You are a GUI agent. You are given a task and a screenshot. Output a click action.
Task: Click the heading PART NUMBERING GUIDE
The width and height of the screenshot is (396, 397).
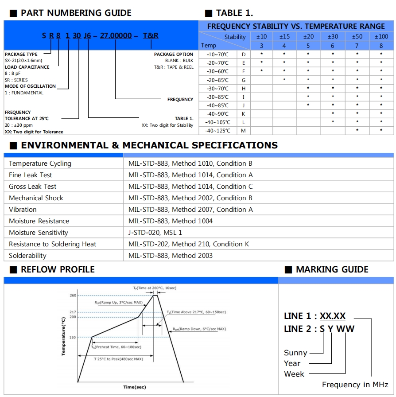tap(76, 13)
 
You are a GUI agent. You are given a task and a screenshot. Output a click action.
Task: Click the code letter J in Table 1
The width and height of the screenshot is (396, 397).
tap(244, 105)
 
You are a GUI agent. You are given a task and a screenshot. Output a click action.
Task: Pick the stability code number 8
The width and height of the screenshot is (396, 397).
tap(381, 45)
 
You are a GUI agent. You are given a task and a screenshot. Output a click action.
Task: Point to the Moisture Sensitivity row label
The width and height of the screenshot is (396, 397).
tap(39, 233)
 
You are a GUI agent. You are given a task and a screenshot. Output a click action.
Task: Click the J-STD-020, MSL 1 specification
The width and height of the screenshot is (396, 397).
tap(155, 233)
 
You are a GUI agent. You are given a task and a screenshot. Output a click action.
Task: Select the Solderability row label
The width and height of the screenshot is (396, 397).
tap(27, 256)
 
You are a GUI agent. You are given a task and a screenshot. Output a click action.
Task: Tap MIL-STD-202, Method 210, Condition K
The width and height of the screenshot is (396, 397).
tap(189, 244)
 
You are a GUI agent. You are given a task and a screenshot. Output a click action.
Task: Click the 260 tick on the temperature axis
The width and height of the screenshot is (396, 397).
tap(73, 296)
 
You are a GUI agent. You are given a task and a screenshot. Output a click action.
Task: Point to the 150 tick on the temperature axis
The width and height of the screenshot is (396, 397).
tap(73, 337)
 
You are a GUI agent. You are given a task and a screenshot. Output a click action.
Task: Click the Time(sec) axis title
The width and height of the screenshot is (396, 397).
tap(134, 387)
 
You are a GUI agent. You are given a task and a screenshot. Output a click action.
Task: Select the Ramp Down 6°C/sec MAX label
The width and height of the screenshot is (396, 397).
tap(199, 329)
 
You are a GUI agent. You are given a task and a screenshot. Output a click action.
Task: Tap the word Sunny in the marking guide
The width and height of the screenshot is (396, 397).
tap(295, 353)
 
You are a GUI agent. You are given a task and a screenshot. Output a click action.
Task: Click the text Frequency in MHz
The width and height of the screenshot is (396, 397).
tap(355, 384)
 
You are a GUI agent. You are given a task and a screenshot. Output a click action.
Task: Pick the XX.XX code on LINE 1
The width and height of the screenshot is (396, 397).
tap(333, 316)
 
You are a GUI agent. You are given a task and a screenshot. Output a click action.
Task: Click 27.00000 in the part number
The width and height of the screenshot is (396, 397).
tap(116, 35)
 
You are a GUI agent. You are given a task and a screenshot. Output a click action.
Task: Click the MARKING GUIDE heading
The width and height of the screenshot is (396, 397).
tap(332, 269)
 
